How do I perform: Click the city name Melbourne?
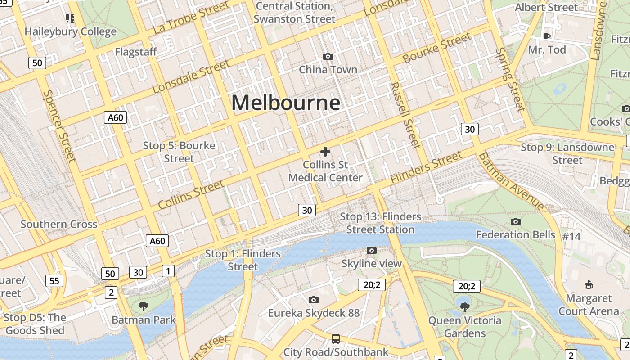pos(286,103)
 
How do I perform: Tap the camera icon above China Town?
pos(328,56)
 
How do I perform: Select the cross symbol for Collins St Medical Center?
pos(325,152)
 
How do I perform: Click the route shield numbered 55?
pos(54,281)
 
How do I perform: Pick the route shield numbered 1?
pos(168,270)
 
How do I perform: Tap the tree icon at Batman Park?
pos(144,306)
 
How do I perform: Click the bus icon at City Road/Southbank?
pos(335,338)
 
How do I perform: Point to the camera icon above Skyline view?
pos(371,250)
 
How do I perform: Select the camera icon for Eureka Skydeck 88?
pos(314,300)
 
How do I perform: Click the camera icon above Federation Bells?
pos(516,221)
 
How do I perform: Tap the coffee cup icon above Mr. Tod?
pos(547,36)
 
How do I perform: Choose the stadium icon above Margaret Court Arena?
pos(588,284)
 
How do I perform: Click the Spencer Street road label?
pos(59,126)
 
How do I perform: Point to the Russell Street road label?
pos(405,115)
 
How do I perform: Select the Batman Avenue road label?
pos(511,181)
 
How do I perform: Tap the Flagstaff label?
pos(136,52)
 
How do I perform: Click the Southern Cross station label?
pos(59,224)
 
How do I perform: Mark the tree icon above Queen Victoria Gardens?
pos(464,307)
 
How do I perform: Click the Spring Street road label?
pos(510,79)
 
